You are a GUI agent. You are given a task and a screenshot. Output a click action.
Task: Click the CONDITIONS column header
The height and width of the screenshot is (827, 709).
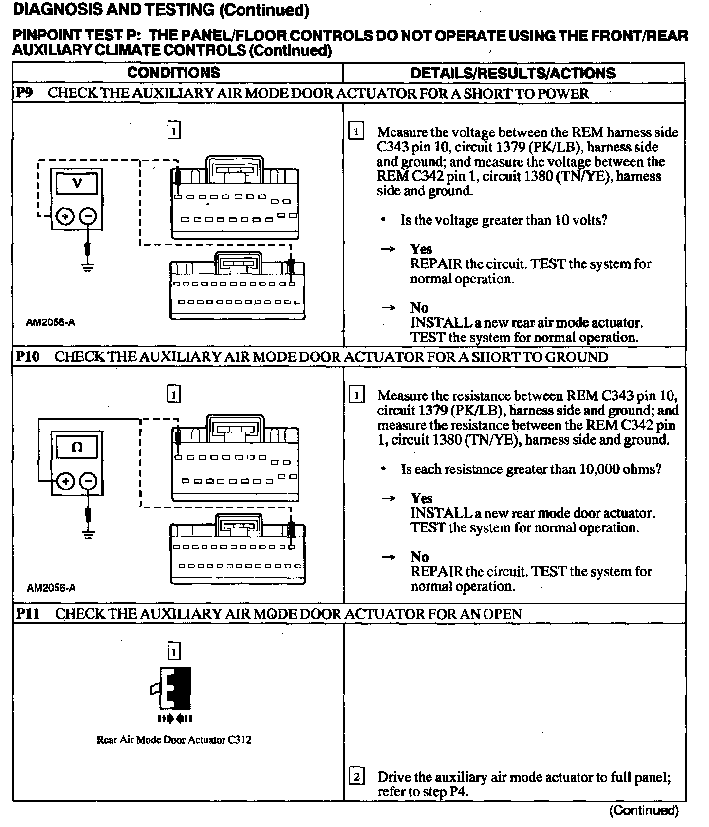point(173,73)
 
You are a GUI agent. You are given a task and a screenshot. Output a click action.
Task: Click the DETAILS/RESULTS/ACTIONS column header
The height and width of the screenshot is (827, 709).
point(513,73)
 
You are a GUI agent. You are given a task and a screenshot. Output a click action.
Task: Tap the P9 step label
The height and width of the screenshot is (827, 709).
point(24,93)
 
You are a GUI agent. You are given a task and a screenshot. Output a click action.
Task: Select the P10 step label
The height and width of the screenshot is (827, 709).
point(27,357)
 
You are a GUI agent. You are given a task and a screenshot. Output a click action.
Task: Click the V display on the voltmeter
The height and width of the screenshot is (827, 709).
point(77,184)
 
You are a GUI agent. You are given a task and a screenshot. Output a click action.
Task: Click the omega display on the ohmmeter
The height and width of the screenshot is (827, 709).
point(77,447)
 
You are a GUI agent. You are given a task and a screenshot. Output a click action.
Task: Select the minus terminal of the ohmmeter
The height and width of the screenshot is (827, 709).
point(88,481)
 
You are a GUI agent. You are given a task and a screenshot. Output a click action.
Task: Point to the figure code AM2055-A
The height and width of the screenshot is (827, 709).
point(51,322)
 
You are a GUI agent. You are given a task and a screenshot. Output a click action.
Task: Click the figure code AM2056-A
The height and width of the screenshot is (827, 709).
point(51,588)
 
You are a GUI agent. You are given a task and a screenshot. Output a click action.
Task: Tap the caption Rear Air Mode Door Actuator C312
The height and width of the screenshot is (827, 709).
point(174,740)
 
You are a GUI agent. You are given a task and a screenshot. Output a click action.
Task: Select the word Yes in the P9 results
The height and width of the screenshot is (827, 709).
point(421,249)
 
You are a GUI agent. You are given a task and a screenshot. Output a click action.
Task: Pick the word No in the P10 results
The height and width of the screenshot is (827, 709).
point(419,557)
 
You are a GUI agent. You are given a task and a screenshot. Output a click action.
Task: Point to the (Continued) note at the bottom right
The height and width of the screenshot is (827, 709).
point(643,810)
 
